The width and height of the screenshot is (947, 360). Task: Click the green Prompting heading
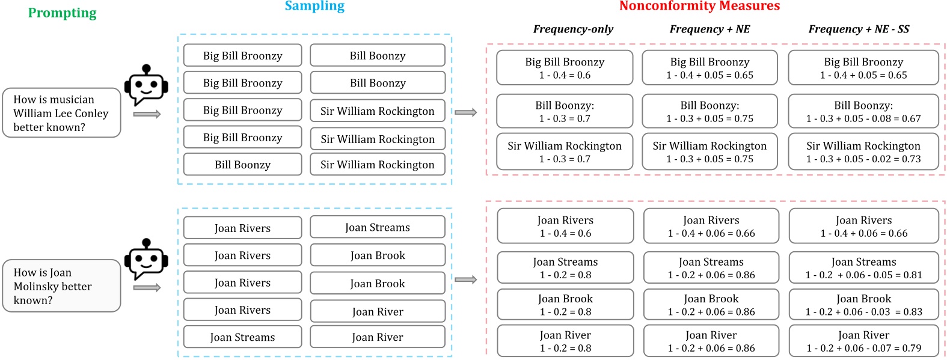coord(62,13)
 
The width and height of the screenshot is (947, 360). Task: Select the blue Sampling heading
coord(314,7)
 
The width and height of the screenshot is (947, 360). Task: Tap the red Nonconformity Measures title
coord(699,6)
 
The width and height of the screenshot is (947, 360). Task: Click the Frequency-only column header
coord(573,29)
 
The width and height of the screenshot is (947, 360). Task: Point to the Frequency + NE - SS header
coord(859,29)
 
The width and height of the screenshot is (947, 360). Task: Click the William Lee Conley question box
coord(61,113)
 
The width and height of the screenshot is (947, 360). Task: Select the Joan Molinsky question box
coord(61,286)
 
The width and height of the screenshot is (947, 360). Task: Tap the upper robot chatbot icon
coord(146,85)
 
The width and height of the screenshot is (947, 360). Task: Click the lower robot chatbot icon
coord(146,259)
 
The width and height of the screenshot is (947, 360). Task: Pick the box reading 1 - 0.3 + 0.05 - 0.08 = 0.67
coord(863,111)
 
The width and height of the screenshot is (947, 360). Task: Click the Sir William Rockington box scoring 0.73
coord(863,152)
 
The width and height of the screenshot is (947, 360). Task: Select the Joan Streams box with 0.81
coord(863,268)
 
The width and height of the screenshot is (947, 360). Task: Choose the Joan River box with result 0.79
coord(863,341)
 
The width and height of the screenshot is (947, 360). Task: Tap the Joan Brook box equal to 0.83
coord(863,305)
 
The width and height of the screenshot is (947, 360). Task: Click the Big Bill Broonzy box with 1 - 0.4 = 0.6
coord(565,68)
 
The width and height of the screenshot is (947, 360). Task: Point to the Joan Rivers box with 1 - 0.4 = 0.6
coord(565,227)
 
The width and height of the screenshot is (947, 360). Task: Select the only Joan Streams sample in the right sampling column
coord(378,227)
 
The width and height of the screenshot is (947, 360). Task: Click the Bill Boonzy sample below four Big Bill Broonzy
coord(242,165)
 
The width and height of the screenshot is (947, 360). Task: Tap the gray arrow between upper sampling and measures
coord(465,112)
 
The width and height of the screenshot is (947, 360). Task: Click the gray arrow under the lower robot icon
coord(147,288)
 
